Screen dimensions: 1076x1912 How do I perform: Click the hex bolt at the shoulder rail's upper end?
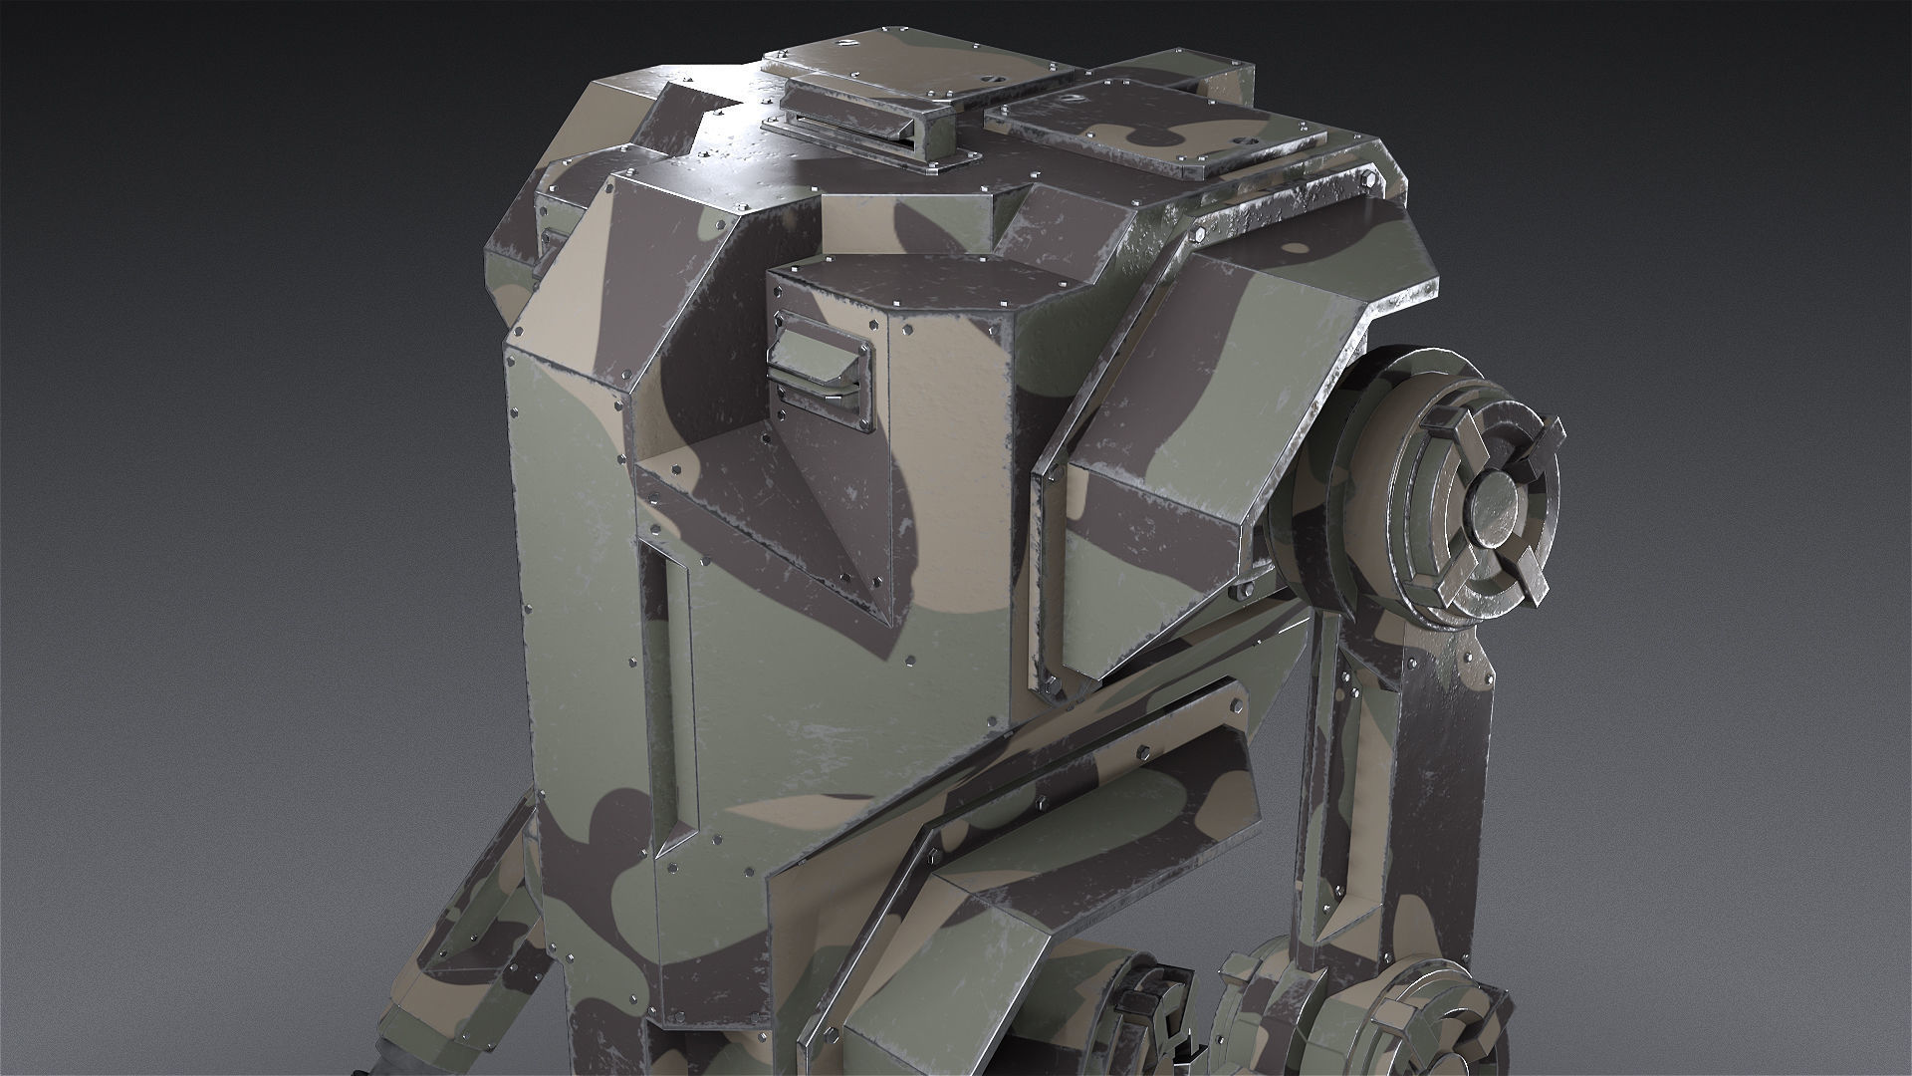click(1197, 236)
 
